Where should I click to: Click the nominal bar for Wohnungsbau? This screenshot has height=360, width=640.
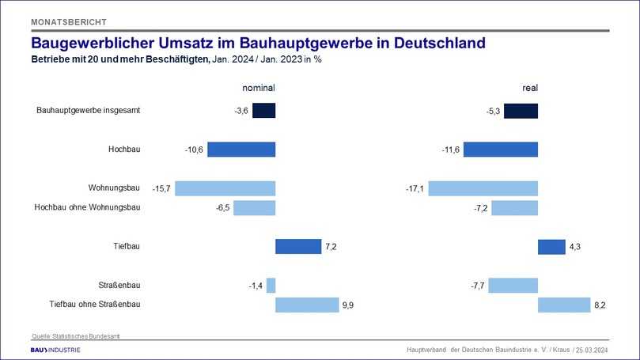pos(225,188)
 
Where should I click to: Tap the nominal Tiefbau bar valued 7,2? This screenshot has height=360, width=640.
pos(298,246)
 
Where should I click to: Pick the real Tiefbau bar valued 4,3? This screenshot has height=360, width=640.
pos(551,246)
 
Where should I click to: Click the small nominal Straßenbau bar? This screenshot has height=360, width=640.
pos(271,285)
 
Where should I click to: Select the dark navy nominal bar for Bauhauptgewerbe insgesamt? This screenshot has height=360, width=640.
pos(263,111)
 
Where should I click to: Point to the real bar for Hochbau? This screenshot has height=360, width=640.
pos(500,150)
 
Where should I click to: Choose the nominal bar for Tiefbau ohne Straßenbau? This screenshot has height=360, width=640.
pos(307,305)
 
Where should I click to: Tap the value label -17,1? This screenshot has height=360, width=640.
pos(415,188)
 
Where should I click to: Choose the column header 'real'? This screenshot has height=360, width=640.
pos(529,88)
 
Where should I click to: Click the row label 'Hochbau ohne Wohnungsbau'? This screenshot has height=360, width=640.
pos(87,207)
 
